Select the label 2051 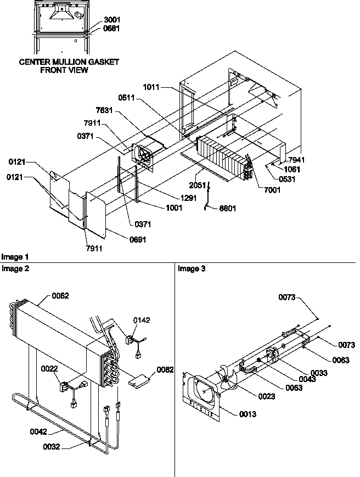(x=198, y=185)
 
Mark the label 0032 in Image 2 (x=53, y=447)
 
